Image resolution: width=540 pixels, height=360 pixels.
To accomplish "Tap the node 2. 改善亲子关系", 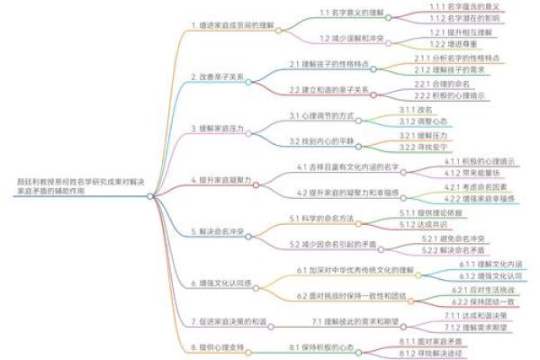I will coord(218,77).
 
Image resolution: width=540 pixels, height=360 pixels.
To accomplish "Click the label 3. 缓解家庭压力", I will coord(220,129).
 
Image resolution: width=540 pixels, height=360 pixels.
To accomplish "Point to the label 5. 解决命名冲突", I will coord(220,231).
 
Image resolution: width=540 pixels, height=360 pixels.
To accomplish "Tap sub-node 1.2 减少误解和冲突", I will coord(355,39).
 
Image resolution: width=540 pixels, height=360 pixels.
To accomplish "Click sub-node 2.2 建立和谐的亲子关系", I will coord(329,90).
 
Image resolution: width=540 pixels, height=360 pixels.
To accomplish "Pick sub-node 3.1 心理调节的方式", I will coord(322,116).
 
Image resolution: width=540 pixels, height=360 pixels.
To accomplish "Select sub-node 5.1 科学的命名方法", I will coord(321,219).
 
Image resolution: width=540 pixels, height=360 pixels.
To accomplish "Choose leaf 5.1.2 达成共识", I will coord(419,223).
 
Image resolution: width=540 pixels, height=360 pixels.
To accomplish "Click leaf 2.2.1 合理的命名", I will coord(436,83).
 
